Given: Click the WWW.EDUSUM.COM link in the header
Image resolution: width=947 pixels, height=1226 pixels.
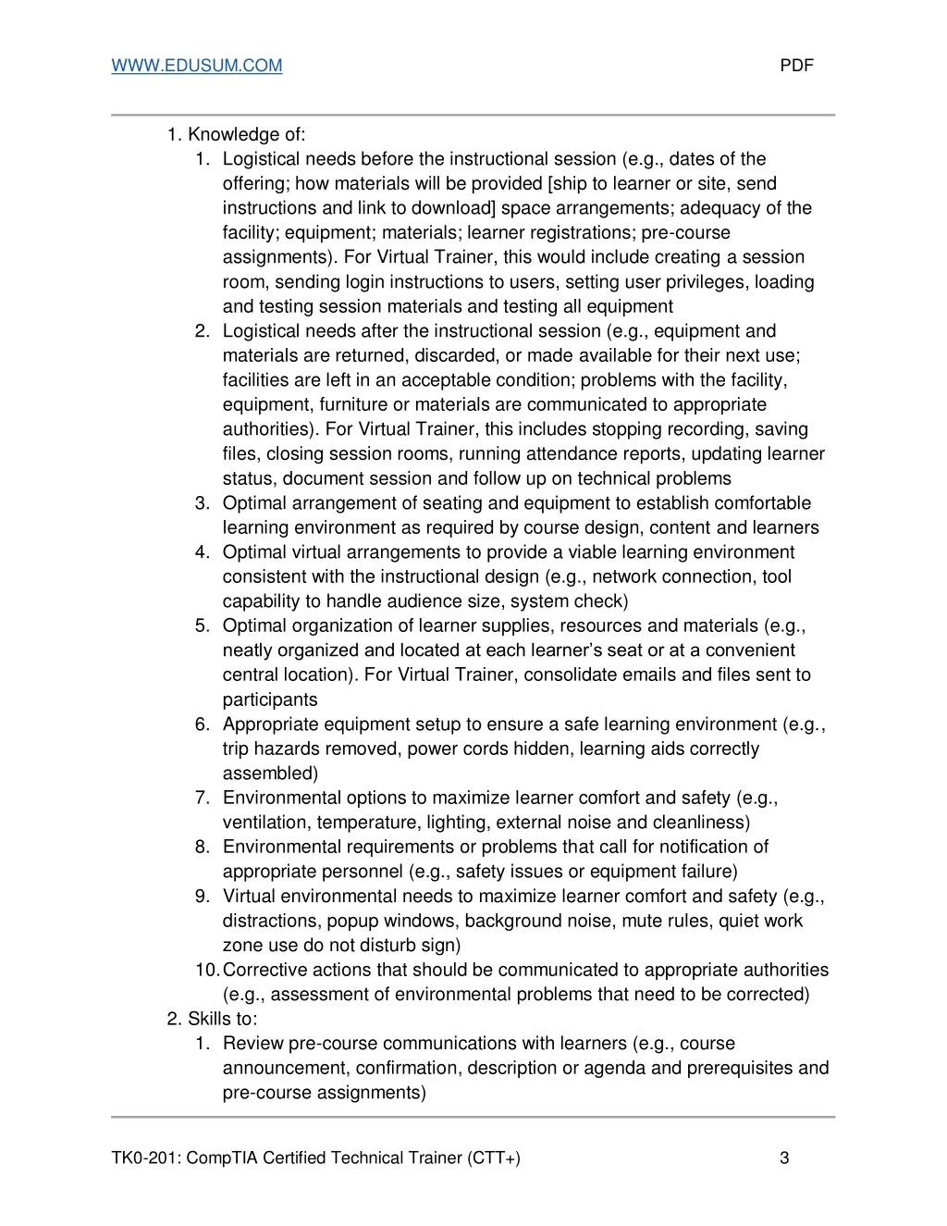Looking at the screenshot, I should pyautogui.click(x=197, y=66).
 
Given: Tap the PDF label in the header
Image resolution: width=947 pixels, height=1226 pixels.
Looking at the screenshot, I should pyautogui.click(x=796, y=66).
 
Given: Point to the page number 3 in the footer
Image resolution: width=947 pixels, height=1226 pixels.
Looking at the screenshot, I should pyautogui.click(x=784, y=1158).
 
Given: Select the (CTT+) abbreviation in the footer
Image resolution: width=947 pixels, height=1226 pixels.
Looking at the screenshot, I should pyautogui.click(x=494, y=1158).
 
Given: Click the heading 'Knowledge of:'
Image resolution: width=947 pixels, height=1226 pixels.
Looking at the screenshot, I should pyautogui.click(x=246, y=135).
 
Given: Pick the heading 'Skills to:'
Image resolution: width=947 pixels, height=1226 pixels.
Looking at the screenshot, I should pyautogui.click(x=222, y=1020).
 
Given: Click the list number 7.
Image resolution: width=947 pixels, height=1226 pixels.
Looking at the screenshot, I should pyautogui.click(x=203, y=799).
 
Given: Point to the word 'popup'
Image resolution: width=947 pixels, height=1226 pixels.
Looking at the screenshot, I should pyautogui.click(x=351, y=922).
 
